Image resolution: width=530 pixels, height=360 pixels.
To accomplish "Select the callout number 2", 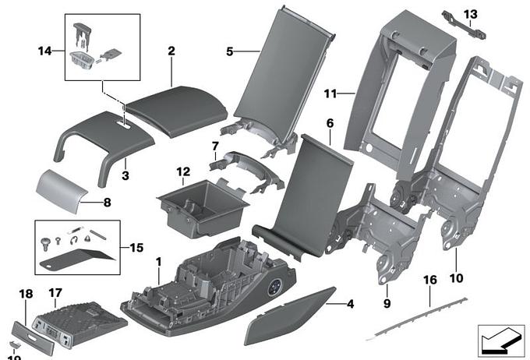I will pyautogui.click(x=171, y=51).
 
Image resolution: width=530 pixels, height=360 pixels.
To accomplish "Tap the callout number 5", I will pyautogui.click(x=229, y=51).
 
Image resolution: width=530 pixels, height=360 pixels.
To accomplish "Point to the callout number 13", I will pyautogui.click(x=470, y=14).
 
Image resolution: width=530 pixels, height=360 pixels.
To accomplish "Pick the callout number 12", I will pyautogui.click(x=182, y=171).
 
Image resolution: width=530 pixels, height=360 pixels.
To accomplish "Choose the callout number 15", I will pyautogui.click(x=136, y=248).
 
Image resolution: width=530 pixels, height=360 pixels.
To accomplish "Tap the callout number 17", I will pyautogui.click(x=55, y=293).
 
